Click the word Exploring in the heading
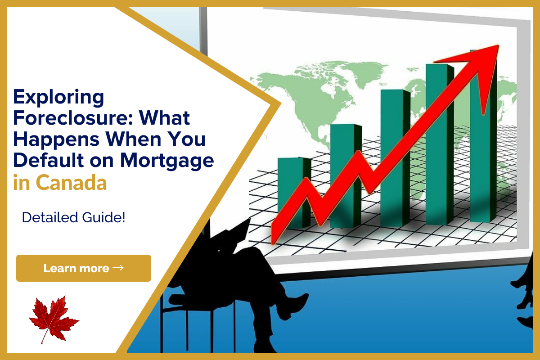[x=58, y=97]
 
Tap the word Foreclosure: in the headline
[x=73, y=118]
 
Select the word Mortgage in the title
[x=167, y=161]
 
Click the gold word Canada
[x=71, y=183]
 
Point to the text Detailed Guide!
[x=73, y=217]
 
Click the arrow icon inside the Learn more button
[x=118, y=268]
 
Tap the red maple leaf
[x=54, y=319]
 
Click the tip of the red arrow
[x=498, y=45]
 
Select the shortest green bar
[x=294, y=193]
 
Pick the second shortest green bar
[x=346, y=176]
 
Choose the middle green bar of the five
[x=396, y=158]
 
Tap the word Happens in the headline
[x=56, y=140]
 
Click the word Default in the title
[x=49, y=160]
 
